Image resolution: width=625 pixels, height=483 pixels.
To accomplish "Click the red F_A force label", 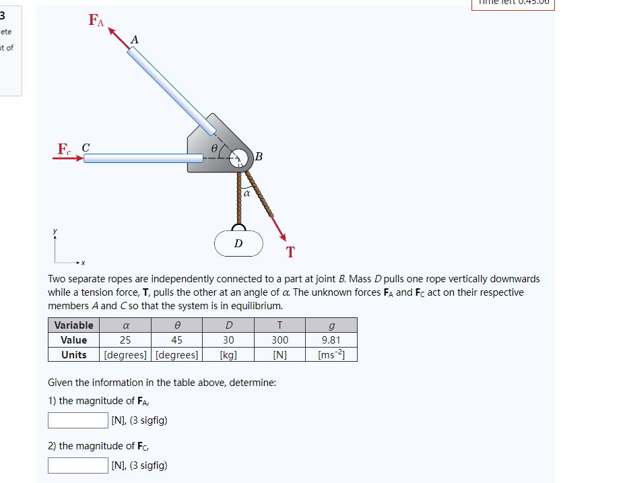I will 96,21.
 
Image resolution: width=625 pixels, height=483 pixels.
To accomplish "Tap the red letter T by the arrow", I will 290,253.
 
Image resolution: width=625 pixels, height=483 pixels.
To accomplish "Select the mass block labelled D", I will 238,243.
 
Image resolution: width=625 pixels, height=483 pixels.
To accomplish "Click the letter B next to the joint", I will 259,158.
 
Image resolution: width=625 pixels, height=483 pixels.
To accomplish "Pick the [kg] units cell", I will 228,355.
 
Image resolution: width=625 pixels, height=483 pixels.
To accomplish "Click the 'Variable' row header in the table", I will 73,325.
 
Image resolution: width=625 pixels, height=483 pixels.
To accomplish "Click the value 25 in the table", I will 125,340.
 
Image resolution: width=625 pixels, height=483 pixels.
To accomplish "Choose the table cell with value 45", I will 176,340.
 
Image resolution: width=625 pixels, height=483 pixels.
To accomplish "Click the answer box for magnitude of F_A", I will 78,421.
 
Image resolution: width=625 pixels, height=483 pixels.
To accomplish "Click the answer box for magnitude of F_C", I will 78,465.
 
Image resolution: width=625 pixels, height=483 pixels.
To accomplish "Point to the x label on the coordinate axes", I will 85,263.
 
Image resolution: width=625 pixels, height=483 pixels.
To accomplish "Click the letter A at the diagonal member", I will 134,40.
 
